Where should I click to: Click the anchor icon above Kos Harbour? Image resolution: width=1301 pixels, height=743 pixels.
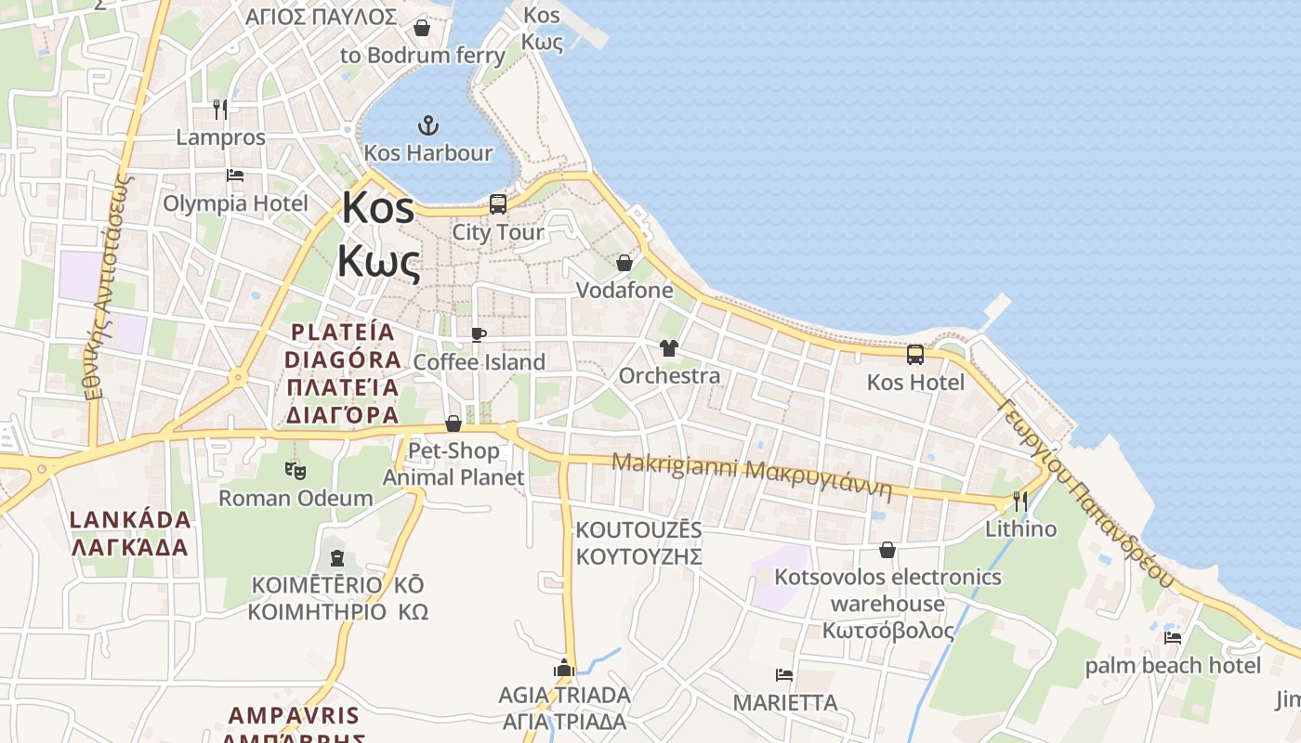coord(427,124)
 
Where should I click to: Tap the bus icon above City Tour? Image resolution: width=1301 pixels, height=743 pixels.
coord(498,203)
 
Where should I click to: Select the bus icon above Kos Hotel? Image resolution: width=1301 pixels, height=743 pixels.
coord(915,354)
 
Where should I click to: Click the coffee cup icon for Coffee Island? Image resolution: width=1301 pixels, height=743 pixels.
coord(479,334)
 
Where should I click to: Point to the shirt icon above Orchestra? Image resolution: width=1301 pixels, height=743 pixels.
coord(668,348)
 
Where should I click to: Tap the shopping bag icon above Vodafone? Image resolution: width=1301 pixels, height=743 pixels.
coord(624,263)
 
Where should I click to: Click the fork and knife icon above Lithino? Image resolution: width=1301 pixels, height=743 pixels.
coord(1020,502)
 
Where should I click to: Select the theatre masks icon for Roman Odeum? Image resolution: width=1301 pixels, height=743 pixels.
coord(296,471)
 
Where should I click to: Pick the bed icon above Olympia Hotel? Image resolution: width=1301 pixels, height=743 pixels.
coord(235,175)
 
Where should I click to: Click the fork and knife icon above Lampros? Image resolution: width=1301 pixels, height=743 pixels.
coord(220,109)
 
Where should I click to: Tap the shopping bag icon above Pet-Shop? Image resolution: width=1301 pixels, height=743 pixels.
coord(453,424)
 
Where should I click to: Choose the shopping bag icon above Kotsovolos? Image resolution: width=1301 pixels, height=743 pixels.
coord(887,550)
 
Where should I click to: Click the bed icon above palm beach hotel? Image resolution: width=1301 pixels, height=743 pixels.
coord(1173,637)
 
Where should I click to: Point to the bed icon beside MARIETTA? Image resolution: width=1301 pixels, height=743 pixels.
coord(784,675)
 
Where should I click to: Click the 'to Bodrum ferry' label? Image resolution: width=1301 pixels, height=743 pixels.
coord(423,55)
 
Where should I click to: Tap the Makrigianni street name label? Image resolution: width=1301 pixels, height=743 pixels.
coord(751,476)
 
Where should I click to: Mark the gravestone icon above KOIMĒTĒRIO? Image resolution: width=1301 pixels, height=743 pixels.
coord(336,558)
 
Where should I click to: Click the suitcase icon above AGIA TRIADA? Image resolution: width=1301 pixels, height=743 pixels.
coord(564,668)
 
